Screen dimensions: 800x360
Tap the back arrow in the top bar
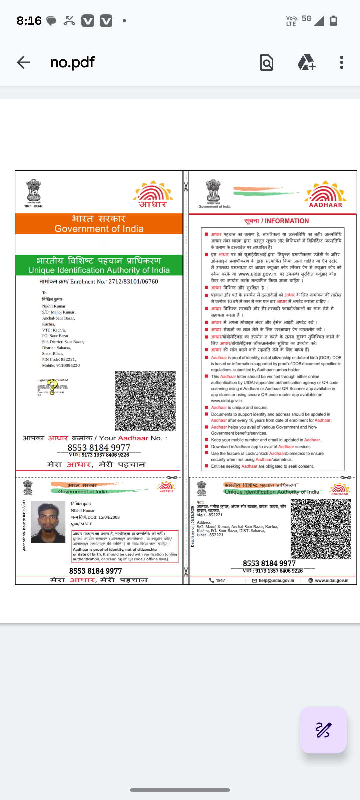(x=23, y=62)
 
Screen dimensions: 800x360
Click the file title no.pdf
(x=72, y=62)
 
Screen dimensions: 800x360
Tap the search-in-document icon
(x=267, y=62)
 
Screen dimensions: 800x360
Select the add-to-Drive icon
(x=306, y=62)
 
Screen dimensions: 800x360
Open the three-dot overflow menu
(x=342, y=62)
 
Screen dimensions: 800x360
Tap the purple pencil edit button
(x=323, y=730)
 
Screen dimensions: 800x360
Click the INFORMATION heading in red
(x=287, y=221)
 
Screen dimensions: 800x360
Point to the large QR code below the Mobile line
(x=145, y=401)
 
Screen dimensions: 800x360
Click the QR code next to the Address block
(x=321, y=529)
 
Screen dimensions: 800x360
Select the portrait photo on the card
(x=48, y=522)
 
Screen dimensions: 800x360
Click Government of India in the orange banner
(x=99, y=229)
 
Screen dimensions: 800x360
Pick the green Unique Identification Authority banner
(x=99, y=265)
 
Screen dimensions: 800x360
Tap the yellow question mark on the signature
(x=52, y=387)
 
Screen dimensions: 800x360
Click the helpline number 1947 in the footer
(x=220, y=580)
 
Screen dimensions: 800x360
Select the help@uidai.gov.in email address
(x=276, y=580)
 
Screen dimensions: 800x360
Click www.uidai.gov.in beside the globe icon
(x=331, y=580)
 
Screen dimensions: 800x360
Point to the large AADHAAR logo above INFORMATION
(x=325, y=194)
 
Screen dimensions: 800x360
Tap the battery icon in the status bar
(x=333, y=21)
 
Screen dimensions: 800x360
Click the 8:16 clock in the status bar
(x=29, y=21)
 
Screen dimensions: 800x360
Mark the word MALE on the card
(x=86, y=524)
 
